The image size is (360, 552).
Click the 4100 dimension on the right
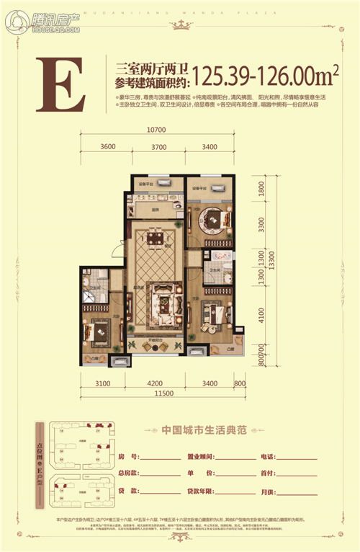(x=261, y=315)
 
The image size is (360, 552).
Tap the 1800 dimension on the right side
(x=261, y=190)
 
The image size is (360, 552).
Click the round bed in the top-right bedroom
(x=213, y=217)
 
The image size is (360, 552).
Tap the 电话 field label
(x=267, y=456)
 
